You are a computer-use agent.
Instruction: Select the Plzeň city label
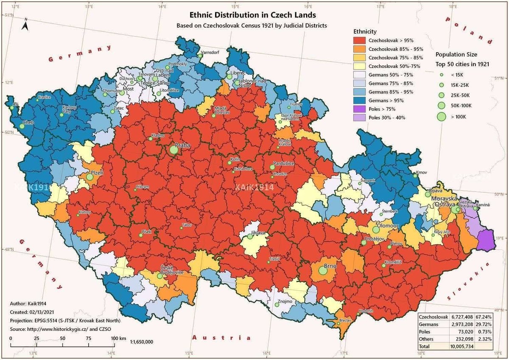pos(96,173)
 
